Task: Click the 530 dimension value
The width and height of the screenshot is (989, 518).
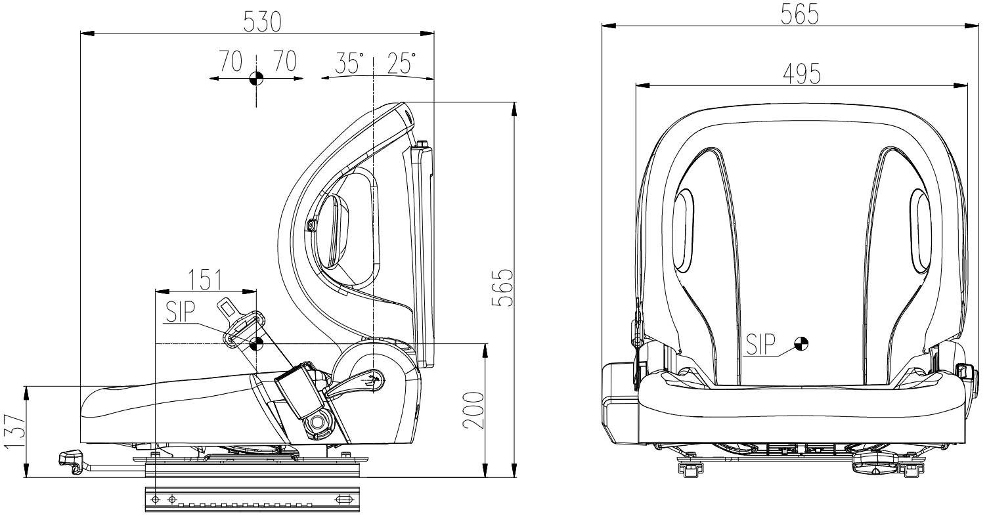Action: [x=262, y=22]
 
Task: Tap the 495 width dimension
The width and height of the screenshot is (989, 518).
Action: [x=802, y=74]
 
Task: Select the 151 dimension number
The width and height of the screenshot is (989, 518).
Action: [x=206, y=280]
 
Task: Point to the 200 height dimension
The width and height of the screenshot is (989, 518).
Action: [x=473, y=410]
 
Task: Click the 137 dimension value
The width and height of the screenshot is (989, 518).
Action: [x=14, y=431]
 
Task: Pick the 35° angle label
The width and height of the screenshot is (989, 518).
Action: [x=349, y=63]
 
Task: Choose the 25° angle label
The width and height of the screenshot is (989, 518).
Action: [x=401, y=63]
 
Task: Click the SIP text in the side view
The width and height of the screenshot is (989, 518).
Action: [x=181, y=311]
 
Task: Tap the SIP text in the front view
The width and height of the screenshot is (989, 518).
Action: [x=760, y=345]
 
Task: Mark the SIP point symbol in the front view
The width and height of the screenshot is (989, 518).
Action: [x=801, y=344]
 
